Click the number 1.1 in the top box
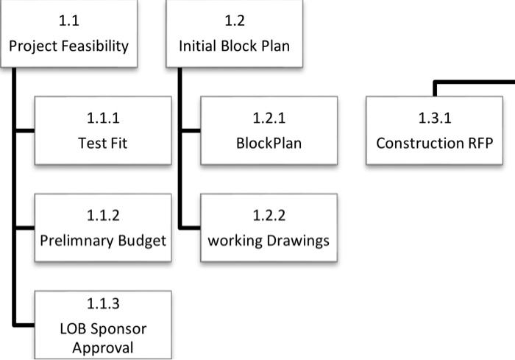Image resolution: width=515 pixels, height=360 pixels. (68, 20)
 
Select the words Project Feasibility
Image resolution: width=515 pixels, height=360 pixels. (68, 46)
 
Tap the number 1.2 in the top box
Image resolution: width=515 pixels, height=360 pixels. (234, 20)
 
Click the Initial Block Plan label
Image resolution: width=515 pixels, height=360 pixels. (234, 46)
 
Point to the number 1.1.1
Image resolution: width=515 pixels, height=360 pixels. (103, 117)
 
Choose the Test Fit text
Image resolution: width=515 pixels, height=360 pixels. (103, 142)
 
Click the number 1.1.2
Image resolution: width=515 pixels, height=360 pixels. (103, 215)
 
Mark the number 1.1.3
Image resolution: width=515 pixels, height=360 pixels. (103, 303)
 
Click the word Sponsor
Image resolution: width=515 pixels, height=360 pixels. (118, 328)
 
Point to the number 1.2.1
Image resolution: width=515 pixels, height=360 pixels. (269, 117)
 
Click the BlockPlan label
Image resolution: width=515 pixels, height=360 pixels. (269, 142)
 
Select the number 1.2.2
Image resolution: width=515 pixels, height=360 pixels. (269, 215)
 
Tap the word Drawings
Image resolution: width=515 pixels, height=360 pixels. (297, 240)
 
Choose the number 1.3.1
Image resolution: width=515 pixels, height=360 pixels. (434, 117)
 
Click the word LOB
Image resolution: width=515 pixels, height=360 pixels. (75, 328)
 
